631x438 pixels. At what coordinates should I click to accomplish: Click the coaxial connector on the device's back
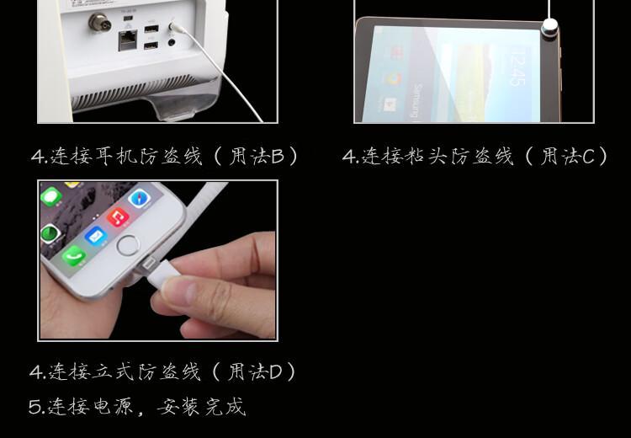pos(98,23)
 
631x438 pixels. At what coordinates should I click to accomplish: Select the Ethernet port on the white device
pos(128,40)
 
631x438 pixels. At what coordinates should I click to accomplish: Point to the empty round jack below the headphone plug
pos(172,41)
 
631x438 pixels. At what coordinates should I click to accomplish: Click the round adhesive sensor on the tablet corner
pos(549,28)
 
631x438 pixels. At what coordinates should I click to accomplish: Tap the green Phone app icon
pos(74,255)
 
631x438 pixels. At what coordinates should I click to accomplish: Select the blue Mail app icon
pos(95,236)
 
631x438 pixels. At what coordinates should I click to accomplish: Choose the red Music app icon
pos(118,216)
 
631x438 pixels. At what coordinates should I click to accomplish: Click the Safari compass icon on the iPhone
pos(139,198)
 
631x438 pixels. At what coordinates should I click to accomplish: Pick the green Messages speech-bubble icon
pos(51,197)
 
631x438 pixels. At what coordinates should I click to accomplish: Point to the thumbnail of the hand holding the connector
pos(158,261)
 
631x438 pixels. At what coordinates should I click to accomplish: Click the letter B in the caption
pos(278,157)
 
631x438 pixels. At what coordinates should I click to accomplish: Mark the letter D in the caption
pos(276,372)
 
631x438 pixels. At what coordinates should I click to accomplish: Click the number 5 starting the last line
pos(36,407)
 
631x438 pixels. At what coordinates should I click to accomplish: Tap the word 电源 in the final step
pos(113,407)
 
